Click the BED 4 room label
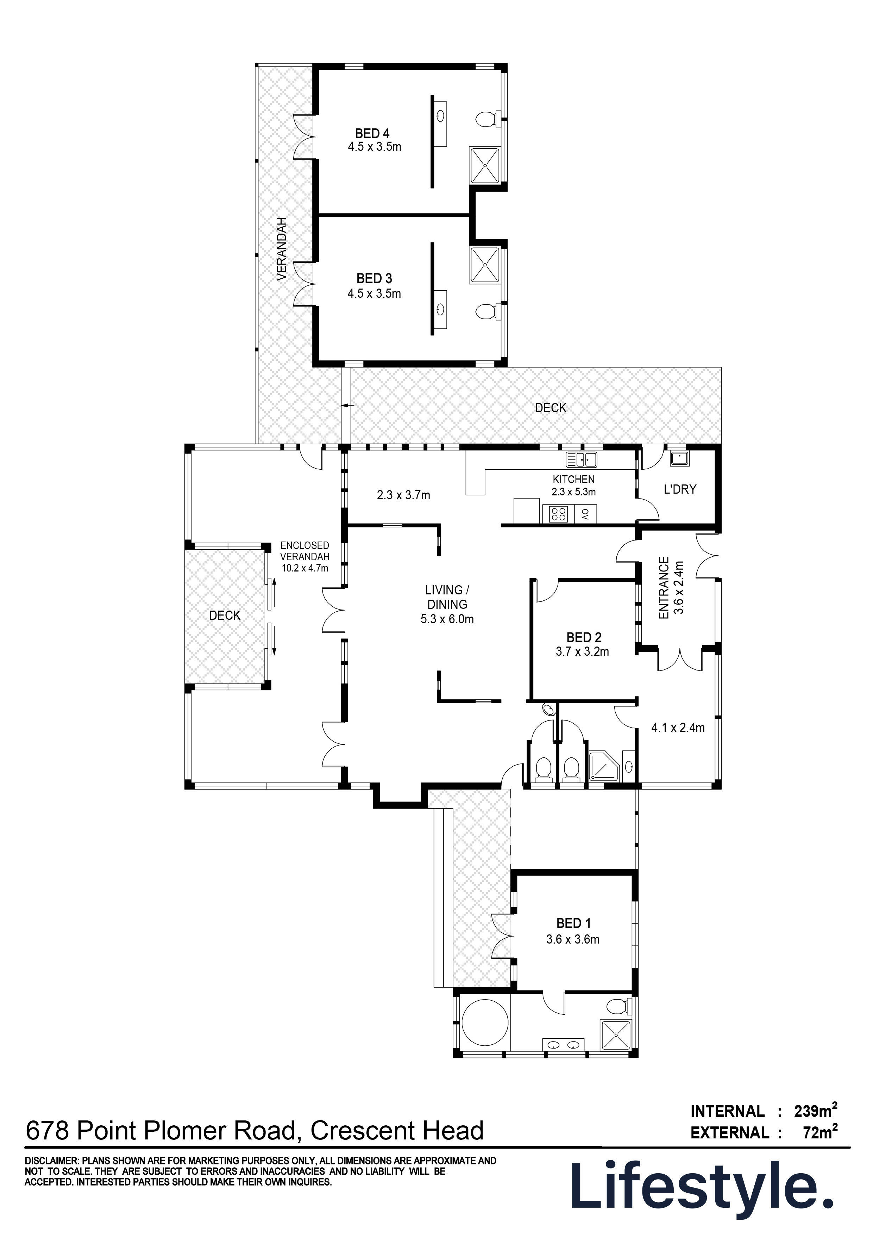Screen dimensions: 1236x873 [x=372, y=133]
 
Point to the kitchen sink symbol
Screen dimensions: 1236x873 [x=581, y=459]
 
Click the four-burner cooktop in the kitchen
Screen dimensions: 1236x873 [x=557, y=515]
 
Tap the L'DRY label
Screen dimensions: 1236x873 [x=680, y=489]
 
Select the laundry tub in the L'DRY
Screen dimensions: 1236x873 [x=679, y=459]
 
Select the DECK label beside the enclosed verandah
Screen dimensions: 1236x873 [x=225, y=615]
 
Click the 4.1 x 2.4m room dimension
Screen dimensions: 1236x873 [x=678, y=728]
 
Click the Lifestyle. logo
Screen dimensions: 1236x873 [x=703, y=1187]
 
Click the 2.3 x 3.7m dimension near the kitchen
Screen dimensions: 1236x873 [x=403, y=495]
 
